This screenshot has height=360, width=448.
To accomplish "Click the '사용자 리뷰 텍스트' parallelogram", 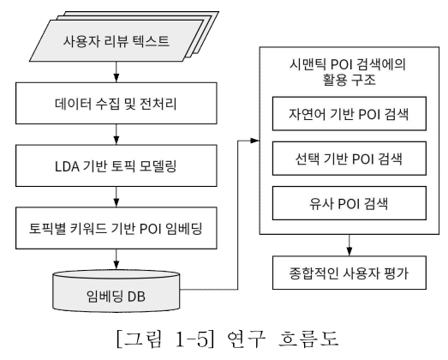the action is coord(116,40).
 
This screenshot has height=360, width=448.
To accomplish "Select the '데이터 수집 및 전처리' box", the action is coord(116,103).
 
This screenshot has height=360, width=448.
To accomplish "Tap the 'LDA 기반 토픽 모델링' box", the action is coord(116,165).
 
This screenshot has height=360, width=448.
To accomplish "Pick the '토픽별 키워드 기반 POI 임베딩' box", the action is coord(116,228).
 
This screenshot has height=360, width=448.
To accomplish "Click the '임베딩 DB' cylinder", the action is coord(116,291).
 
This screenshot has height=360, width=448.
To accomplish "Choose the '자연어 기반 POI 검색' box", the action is coord(349,114).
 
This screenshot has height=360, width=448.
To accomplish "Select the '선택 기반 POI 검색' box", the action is coord(349,159).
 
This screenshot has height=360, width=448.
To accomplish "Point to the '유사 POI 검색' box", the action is coord(349,203).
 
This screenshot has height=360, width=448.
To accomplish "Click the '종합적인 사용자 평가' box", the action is coord(349,273).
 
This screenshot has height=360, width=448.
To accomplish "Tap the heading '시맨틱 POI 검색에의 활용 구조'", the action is coord(348,72).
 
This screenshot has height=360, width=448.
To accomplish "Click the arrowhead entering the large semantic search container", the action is coord(255,141).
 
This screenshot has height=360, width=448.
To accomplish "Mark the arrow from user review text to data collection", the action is coord(116,72).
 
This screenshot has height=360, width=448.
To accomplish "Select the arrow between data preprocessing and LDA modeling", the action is coord(116,135).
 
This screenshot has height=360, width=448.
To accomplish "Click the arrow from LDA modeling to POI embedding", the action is coord(116,197).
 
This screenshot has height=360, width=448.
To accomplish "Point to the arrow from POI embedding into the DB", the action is coord(116,260).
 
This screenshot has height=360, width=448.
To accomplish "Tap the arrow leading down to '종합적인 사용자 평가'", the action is coord(349,245).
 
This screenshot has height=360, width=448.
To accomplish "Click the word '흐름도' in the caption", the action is coord(308,339).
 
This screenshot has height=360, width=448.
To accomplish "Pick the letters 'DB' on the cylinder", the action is coord(136,297).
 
